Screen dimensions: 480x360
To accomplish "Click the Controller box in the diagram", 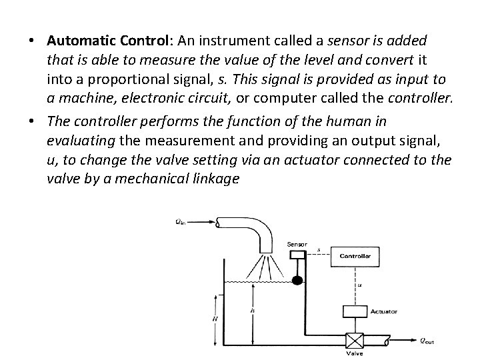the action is point(359,255).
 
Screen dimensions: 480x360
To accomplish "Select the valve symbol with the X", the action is point(354,342).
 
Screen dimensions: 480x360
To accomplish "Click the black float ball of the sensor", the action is point(297,279).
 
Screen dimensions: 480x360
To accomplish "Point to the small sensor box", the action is point(297,253).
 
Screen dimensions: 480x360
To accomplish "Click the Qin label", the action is point(181,223).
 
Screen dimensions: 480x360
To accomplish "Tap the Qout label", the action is point(427,341).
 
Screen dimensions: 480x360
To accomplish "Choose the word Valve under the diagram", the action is point(354,354).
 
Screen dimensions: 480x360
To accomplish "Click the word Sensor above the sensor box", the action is point(297,244).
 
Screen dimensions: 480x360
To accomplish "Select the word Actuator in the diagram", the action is point(385,311).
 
